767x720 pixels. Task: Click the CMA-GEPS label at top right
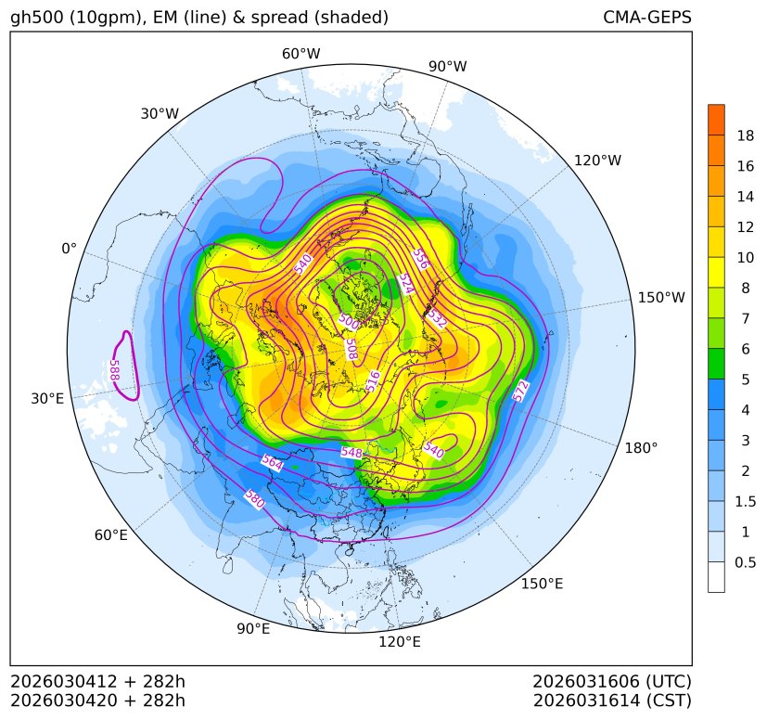coord(646,18)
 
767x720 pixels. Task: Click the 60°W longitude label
coord(300,54)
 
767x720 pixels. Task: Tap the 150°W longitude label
coord(661,298)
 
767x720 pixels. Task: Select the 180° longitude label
coord(641,448)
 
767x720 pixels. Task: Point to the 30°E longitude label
coord(47,399)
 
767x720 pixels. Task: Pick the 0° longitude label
coord(69,249)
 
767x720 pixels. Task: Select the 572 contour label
coord(521,391)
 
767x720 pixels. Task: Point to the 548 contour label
coord(352,452)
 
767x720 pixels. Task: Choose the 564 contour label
coord(272,462)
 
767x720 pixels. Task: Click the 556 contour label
coord(421,257)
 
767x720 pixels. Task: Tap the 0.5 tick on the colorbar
coord(745,562)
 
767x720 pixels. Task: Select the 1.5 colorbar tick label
coord(745,501)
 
